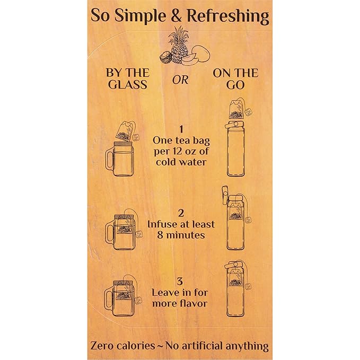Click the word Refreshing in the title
click(x=228, y=16)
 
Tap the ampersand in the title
click(x=176, y=16)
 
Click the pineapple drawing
click(x=177, y=46)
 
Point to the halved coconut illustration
click(x=165, y=58)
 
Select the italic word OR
click(x=180, y=80)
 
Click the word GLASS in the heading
click(x=128, y=84)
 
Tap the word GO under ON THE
click(x=235, y=85)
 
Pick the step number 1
click(x=181, y=129)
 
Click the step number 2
click(x=181, y=213)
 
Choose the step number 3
click(x=180, y=281)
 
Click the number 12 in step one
click(x=176, y=151)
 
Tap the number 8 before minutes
click(x=160, y=235)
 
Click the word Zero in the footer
click(x=102, y=346)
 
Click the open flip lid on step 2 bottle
click(x=224, y=195)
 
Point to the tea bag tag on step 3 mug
click(x=138, y=301)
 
